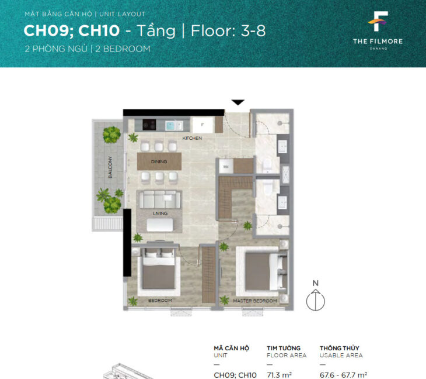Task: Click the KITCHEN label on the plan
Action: point(192,138)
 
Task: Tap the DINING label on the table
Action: point(159,162)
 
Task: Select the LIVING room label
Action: point(160,213)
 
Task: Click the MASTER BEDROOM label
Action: point(254,301)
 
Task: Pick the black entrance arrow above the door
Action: point(238,102)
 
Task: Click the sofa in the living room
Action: point(159,198)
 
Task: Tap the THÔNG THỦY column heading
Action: point(339,348)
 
